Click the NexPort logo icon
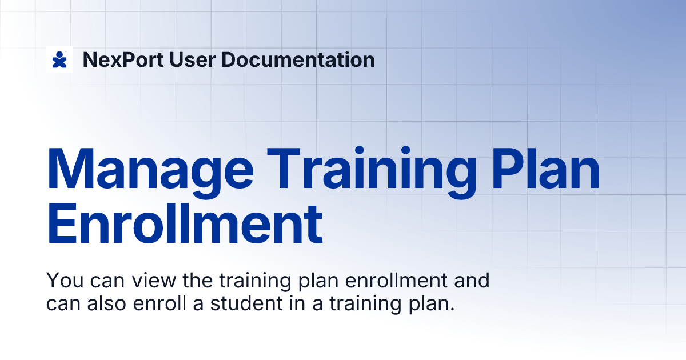coord(59,59)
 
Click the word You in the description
coord(61,281)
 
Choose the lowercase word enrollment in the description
coord(388,281)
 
